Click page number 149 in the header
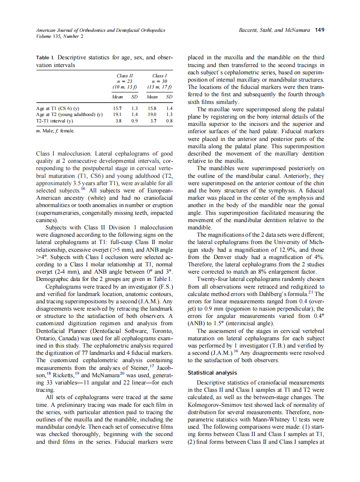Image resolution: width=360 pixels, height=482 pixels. tap(320, 30)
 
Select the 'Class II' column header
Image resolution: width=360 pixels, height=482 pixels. tap(125, 76)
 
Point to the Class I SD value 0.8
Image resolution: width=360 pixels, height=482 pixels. tap(169, 121)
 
